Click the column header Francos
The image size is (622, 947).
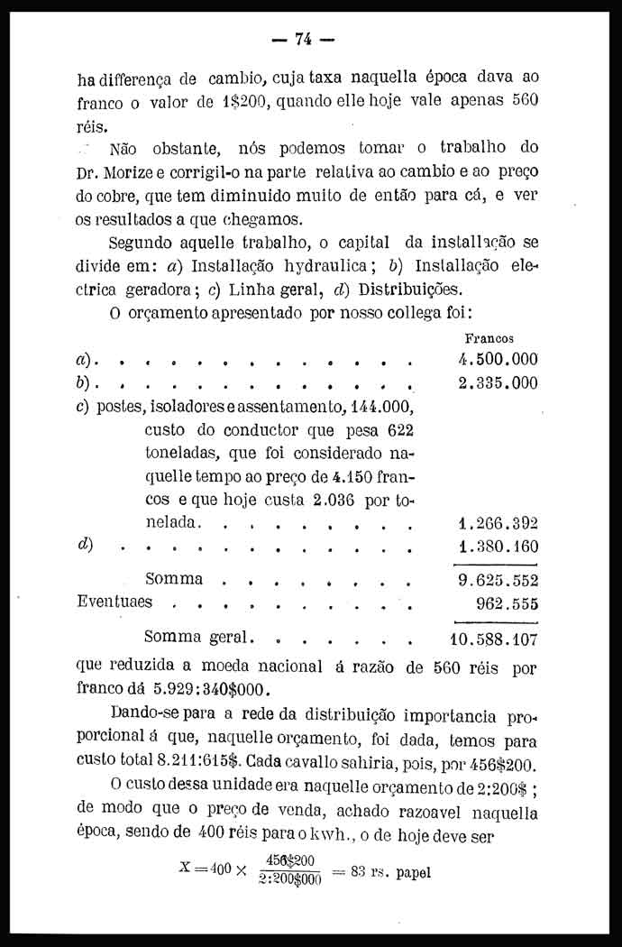click(489, 338)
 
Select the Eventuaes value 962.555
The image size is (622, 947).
click(506, 602)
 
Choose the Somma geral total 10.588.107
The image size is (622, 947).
click(493, 641)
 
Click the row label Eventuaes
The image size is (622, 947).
click(115, 601)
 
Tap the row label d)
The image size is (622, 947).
click(86, 545)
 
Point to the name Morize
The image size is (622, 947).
click(137, 171)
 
